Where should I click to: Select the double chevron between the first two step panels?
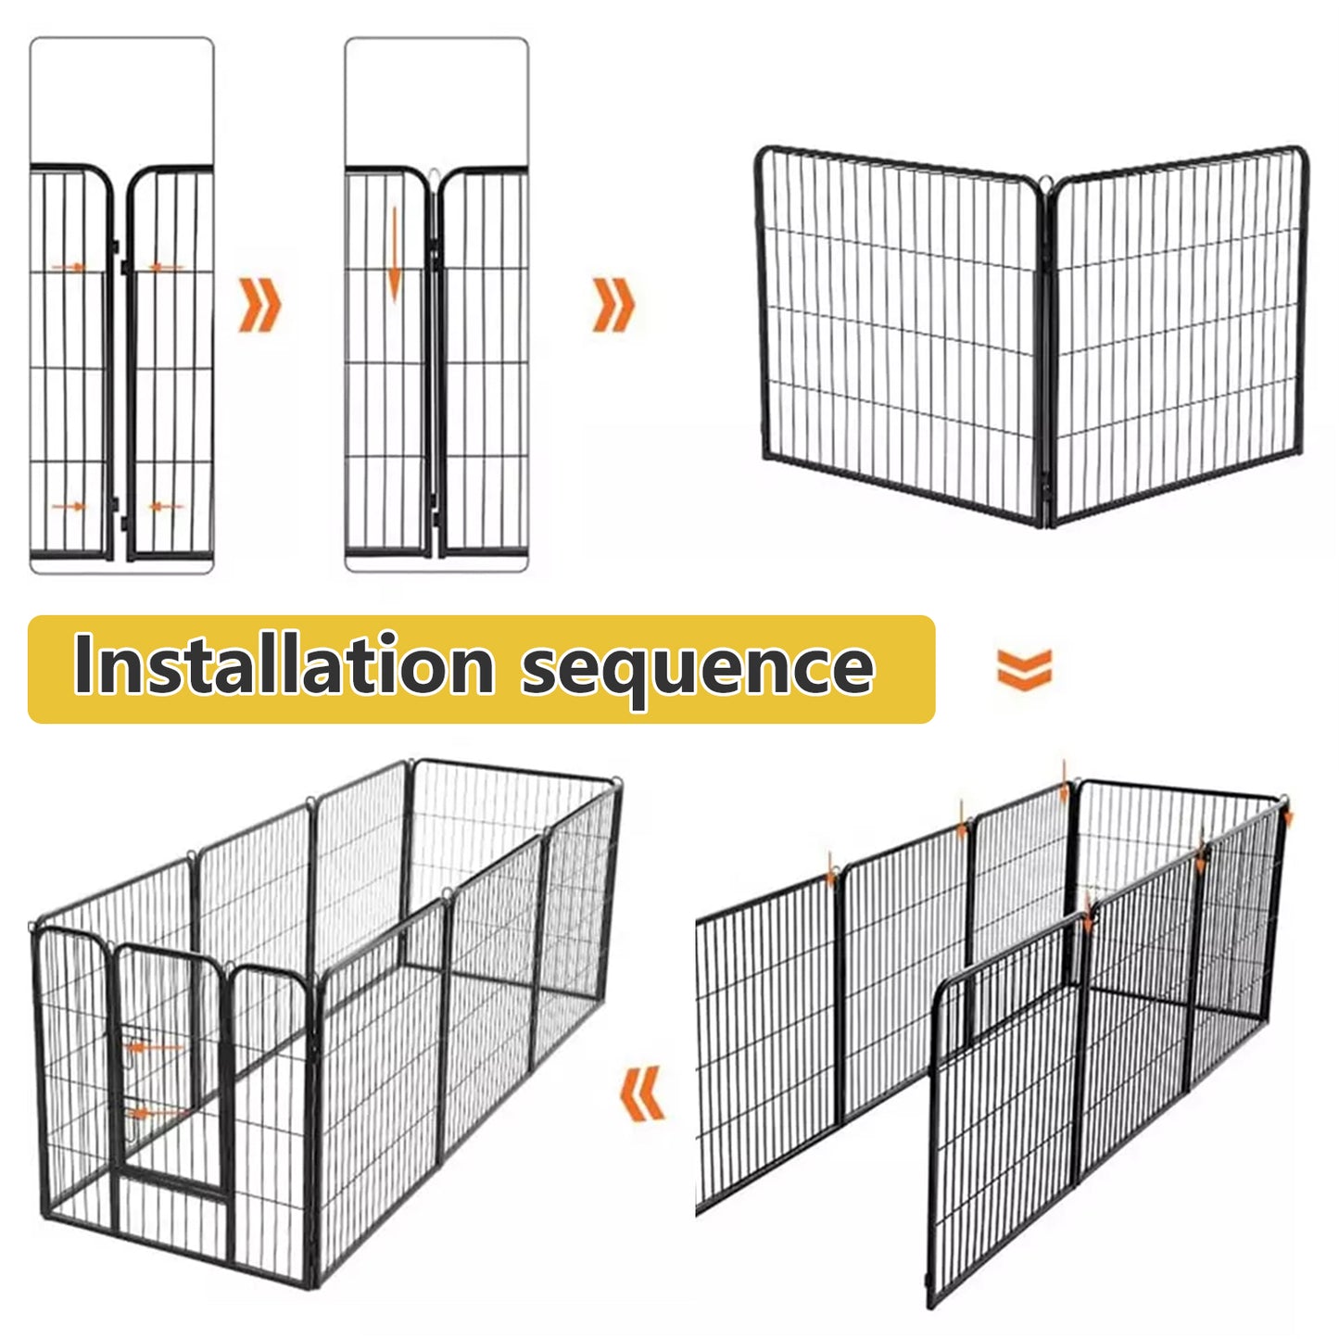pyautogui.click(x=259, y=304)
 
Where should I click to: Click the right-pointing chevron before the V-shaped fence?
pyautogui.click(x=613, y=304)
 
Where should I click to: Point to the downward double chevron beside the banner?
pyautogui.click(x=1024, y=668)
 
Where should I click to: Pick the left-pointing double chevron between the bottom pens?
pyautogui.click(x=641, y=1093)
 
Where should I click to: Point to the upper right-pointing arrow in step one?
pyautogui.click(x=69, y=267)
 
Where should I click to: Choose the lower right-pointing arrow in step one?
pyautogui.click(x=69, y=506)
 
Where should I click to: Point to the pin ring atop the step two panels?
pyautogui.click(x=436, y=173)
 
